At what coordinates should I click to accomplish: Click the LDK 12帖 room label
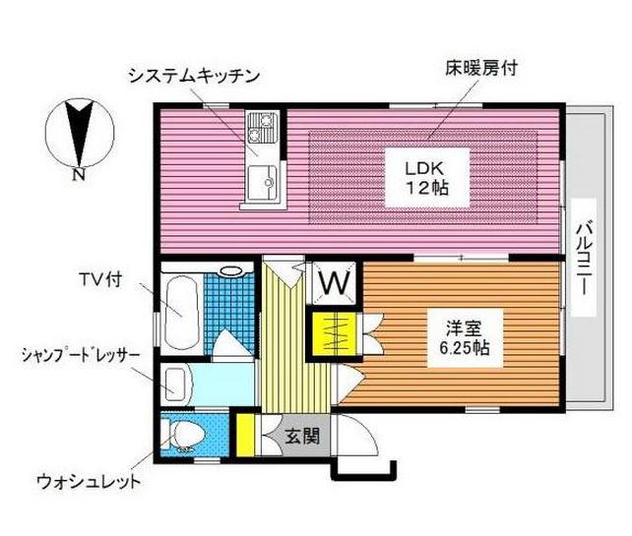pos(427,178)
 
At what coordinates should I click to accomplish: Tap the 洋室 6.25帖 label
pos(465,337)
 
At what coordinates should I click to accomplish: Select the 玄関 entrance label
pos(302,436)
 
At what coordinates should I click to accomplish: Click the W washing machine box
pos(335,282)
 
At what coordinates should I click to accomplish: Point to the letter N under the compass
pos(79,175)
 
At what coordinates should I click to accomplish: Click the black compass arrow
pos(80,133)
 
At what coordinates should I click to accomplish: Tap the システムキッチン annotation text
pos(194,76)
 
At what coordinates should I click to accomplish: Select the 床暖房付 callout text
pos(481,68)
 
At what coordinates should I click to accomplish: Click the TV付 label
pos(100,279)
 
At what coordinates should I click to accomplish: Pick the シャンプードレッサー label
pos(81,356)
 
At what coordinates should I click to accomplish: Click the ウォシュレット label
pos(89,481)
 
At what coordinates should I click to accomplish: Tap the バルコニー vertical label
pos(584,258)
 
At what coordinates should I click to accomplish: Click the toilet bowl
pos(184,436)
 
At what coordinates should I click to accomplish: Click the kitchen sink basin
pos(263,182)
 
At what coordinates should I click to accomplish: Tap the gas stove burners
pos(263,128)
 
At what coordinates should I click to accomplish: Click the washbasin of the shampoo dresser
pos(176,384)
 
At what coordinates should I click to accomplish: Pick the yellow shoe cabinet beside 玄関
pos(245,436)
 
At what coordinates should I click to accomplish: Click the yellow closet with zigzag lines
pos(334,333)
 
